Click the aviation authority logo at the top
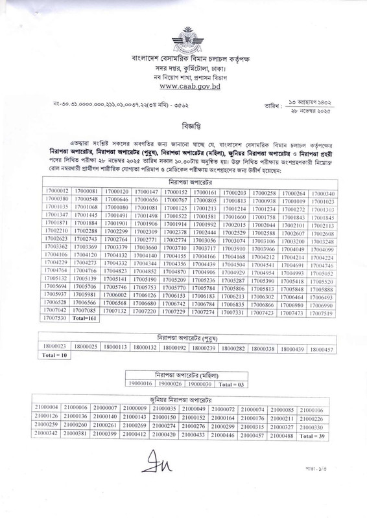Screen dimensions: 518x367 point(183,38)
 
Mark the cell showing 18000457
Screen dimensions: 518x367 point(322,348)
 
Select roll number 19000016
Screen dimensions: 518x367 point(140,383)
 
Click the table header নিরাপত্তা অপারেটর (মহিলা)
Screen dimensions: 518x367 point(183,374)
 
